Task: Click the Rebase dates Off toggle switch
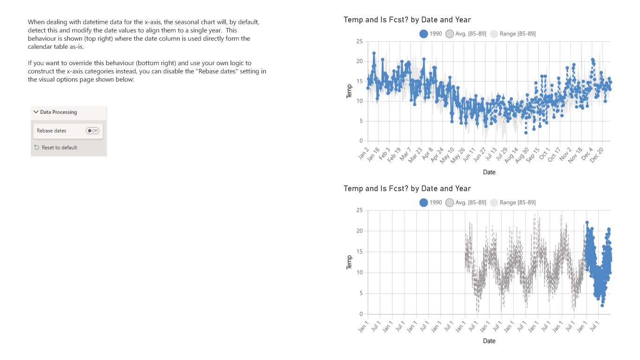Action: coord(92,131)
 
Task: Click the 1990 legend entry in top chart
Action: coord(431,34)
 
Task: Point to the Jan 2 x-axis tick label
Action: coord(364,153)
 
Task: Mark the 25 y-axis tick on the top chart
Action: coord(359,42)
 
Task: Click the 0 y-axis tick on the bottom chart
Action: coord(361,314)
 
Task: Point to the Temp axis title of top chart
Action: coord(349,91)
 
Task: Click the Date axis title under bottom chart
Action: coord(489,341)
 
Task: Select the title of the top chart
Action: coord(407,20)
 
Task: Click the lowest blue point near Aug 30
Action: coord(526,133)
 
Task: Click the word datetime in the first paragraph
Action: coord(93,22)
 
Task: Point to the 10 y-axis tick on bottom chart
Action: coord(359,272)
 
